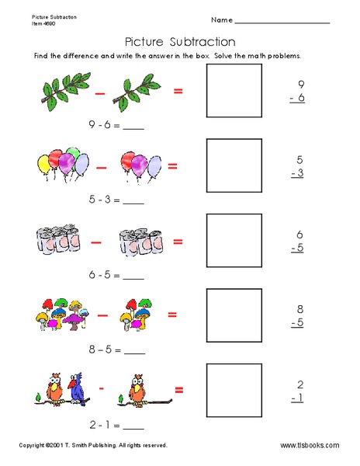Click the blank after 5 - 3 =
[x=133, y=202]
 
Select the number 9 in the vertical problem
[x=299, y=84]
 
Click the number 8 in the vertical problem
[x=299, y=308]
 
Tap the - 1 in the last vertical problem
[x=296, y=397]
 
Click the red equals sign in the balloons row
[x=172, y=165]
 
